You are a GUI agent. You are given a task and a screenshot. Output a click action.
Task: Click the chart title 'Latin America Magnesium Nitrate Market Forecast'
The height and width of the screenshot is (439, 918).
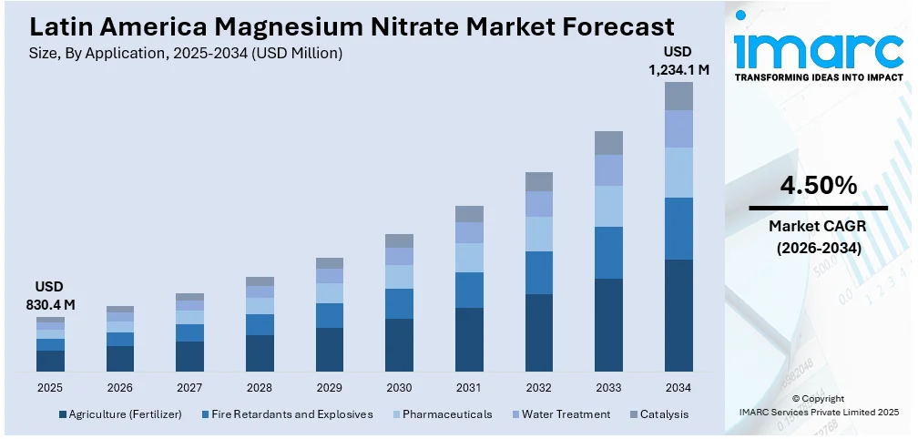click(346, 25)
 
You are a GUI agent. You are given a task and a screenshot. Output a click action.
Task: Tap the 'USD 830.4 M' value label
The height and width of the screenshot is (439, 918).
click(50, 295)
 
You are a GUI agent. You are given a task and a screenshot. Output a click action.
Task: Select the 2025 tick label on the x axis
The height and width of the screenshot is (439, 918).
click(50, 387)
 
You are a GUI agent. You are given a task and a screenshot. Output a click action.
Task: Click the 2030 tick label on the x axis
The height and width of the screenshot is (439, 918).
click(399, 387)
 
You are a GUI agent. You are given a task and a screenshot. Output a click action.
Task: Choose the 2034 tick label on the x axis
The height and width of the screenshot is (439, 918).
click(678, 387)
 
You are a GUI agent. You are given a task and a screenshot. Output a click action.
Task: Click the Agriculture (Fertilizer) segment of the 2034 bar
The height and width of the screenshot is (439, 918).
click(678, 315)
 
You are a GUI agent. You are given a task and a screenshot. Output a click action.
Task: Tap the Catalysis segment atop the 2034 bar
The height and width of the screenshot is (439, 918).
click(678, 96)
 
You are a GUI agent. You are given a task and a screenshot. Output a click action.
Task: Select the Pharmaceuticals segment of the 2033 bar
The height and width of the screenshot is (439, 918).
click(608, 206)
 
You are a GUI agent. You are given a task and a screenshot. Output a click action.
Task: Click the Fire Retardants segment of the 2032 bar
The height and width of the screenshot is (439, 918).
click(539, 272)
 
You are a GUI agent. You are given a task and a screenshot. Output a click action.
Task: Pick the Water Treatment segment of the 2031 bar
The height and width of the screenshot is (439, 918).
click(469, 232)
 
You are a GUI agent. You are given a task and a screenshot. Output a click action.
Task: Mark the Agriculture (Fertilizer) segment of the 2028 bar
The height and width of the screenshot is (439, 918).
click(260, 352)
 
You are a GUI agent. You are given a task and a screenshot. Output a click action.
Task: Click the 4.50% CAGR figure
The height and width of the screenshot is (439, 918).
click(818, 186)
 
